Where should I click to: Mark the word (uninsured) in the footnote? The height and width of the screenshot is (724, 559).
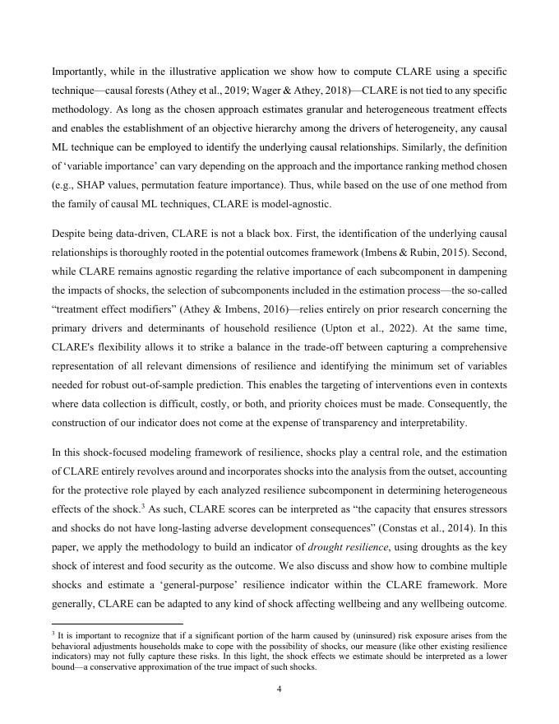(x=368, y=635)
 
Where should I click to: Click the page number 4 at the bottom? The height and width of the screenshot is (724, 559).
(x=279, y=689)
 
